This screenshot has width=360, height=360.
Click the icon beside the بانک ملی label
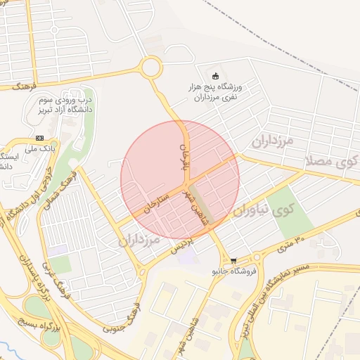(40, 138)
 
